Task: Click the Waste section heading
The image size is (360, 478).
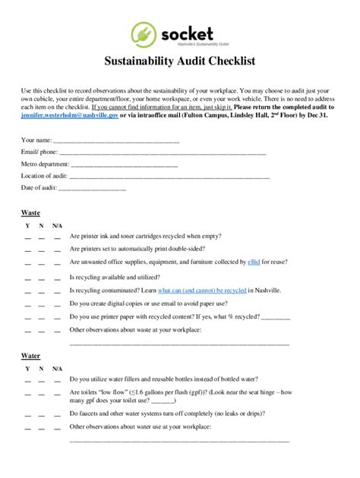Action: [x=30, y=213]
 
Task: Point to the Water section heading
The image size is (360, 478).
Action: [x=30, y=355]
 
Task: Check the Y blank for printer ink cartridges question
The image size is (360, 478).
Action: [x=27, y=237]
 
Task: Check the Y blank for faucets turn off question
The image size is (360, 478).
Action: [x=27, y=414]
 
